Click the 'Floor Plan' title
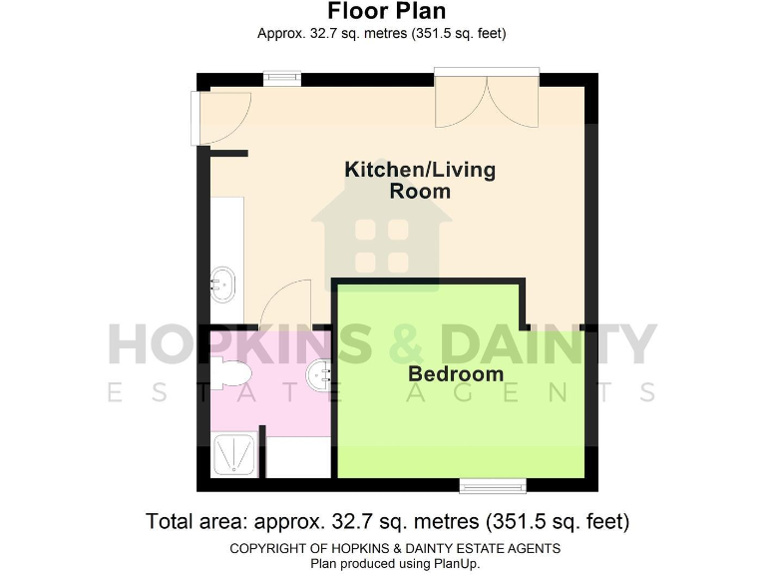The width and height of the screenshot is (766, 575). coord(382,12)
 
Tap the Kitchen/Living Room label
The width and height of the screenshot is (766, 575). coord(419,180)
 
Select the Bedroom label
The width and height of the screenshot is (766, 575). coord(456,374)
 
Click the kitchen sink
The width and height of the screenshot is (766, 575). coord(223,285)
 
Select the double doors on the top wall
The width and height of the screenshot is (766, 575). coord(487,98)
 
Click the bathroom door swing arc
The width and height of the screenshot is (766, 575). coord(289,303)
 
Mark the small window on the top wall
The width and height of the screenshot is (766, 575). coord(282,76)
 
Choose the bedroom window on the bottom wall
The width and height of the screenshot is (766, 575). coord(486,486)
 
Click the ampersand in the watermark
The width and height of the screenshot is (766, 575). coord(406,345)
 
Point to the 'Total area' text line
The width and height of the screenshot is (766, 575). coord(387,521)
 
